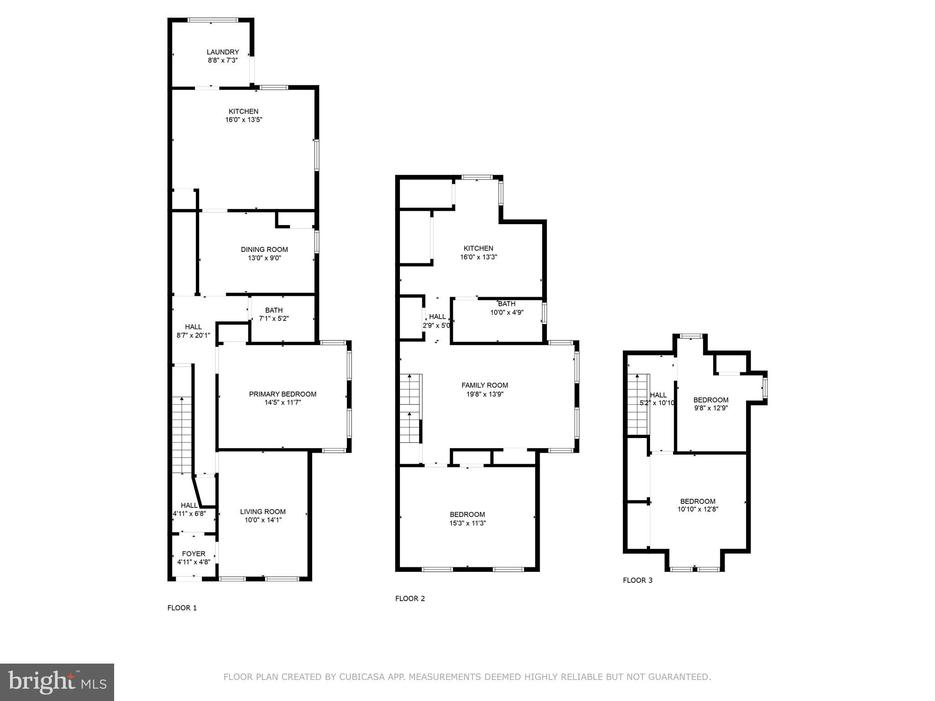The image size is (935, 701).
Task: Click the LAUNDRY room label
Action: pyautogui.click(x=222, y=52)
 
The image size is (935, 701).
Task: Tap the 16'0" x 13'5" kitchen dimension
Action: pyautogui.click(x=243, y=120)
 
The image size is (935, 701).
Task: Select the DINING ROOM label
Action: pyautogui.click(x=264, y=249)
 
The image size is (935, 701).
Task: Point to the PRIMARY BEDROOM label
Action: pyautogui.click(x=283, y=394)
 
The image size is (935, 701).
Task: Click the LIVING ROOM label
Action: pyautogui.click(x=263, y=512)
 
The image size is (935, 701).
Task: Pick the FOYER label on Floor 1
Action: pyautogui.click(x=194, y=554)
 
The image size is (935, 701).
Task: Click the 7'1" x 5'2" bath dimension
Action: pyautogui.click(x=273, y=319)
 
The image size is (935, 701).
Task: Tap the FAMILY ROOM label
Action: pyautogui.click(x=484, y=385)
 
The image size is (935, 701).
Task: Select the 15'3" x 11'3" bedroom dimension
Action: pyautogui.click(x=467, y=523)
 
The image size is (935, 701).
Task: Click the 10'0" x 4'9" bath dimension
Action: pyautogui.click(x=506, y=313)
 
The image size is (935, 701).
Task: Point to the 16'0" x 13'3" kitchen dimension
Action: pyautogui.click(x=478, y=257)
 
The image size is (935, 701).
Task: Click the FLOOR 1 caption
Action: pyautogui.click(x=182, y=608)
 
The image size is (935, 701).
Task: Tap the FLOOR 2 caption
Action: pyautogui.click(x=410, y=598)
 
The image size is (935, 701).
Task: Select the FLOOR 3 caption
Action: pyautogui.click(x=637, y=581)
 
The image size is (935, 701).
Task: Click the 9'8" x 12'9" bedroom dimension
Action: pyautogui.click(x=710, y=408)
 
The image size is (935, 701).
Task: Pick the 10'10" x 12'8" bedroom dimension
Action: pyautogui.click(x=698, y=509)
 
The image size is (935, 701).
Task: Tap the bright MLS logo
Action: pyautogui.click(x=57, y=682)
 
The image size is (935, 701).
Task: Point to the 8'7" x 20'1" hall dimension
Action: pyautogui.click(x=193, y=335)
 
